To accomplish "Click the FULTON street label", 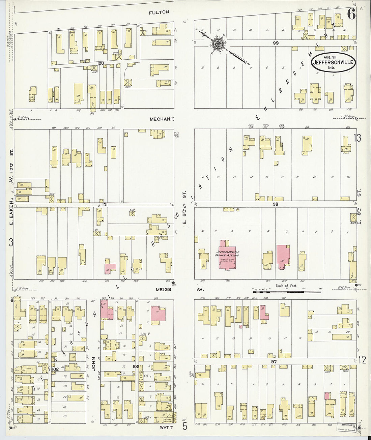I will (x=159, y=12).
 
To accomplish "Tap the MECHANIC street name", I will (x=162, y=119).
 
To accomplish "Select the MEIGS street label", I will (x=163, y=290).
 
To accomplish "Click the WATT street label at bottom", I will (x=166, y=428).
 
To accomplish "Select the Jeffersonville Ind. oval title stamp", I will (x=333, y=62).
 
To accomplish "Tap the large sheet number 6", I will (x=351, y=14).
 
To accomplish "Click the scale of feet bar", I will (x=287, y=290).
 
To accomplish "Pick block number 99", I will (x=276, y=43).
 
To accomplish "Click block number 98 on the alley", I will (x=276, y=204).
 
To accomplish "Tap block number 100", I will (x=100, y=63).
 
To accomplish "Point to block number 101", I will (x=105, y=205).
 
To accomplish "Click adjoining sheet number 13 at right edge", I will (x=357, y=138).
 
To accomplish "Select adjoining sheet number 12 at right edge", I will (x=362, y=360).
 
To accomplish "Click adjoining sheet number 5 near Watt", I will (x=185, y=427).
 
